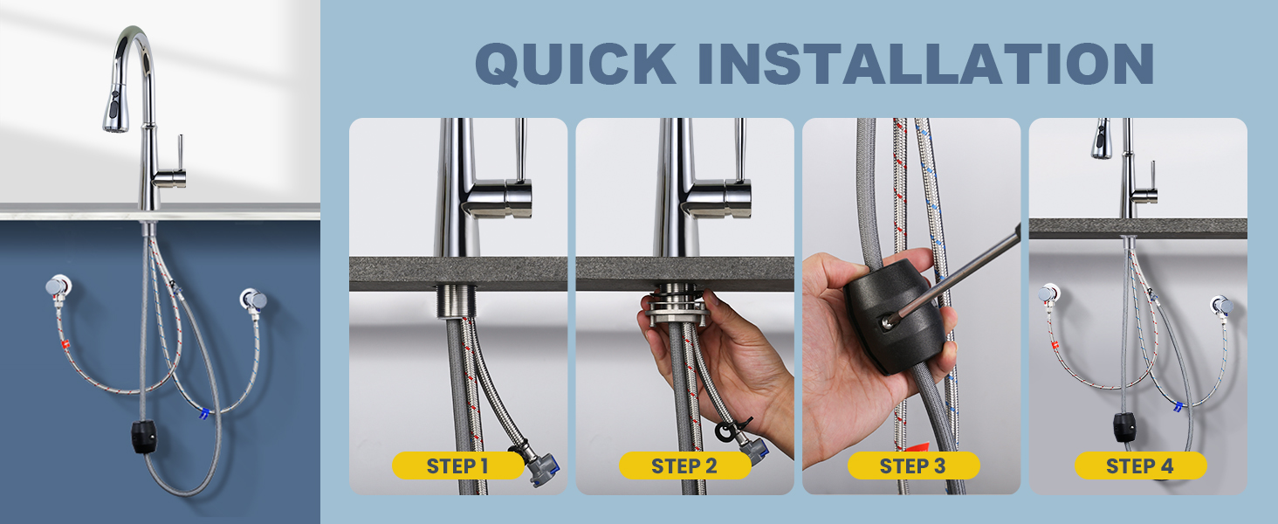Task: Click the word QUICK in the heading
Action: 576,64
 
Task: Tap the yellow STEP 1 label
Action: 458,465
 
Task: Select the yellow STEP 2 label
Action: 684,465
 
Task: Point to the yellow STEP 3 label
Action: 913,465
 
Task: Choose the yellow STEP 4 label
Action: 1140,465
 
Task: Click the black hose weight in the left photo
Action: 144,438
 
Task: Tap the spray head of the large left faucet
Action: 116,108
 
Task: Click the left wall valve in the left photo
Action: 58,286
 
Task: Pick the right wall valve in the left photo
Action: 253,299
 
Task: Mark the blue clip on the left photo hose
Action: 203,413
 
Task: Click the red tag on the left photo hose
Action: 65,344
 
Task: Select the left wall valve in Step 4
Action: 1048,293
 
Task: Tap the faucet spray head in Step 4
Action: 1101,139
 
